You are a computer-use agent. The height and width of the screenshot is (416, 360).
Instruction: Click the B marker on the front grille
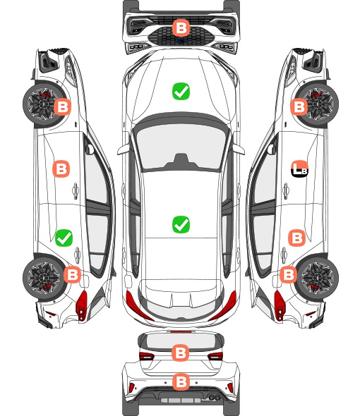click(181, 27)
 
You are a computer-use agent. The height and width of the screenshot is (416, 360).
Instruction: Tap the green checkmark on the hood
click(181, 91)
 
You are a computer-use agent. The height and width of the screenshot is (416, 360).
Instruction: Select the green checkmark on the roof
click(181, 224)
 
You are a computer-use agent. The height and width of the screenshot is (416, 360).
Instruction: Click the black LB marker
click(300, 169)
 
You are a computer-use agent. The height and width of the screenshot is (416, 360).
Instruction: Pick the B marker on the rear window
click(181, 353)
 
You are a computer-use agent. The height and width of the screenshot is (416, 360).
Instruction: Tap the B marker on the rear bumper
click(181, 381)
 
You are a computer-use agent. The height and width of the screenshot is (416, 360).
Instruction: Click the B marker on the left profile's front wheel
click(62, 107)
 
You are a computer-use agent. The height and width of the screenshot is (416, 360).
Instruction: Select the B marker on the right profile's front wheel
click(299, 107)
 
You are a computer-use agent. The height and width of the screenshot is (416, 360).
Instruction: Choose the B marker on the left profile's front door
click(61, 169)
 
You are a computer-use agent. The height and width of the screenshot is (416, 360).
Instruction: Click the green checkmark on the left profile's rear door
click(64, 238)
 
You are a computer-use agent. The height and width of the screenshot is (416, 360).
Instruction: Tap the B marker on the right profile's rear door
click(297, 238)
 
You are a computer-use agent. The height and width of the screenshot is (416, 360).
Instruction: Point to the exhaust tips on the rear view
click(215, 397)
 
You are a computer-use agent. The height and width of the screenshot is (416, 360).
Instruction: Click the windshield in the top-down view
click(181, 145)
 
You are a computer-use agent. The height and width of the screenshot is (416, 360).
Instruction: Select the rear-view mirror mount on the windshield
click(181, 161)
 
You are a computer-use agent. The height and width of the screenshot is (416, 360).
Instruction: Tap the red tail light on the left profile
click(82, 305)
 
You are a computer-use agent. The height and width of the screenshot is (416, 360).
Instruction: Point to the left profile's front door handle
click(76, 190)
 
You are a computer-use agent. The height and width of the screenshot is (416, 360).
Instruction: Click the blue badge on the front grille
click(181, 41)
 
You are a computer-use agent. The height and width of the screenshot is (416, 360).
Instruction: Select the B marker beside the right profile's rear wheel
click(289, 274)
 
